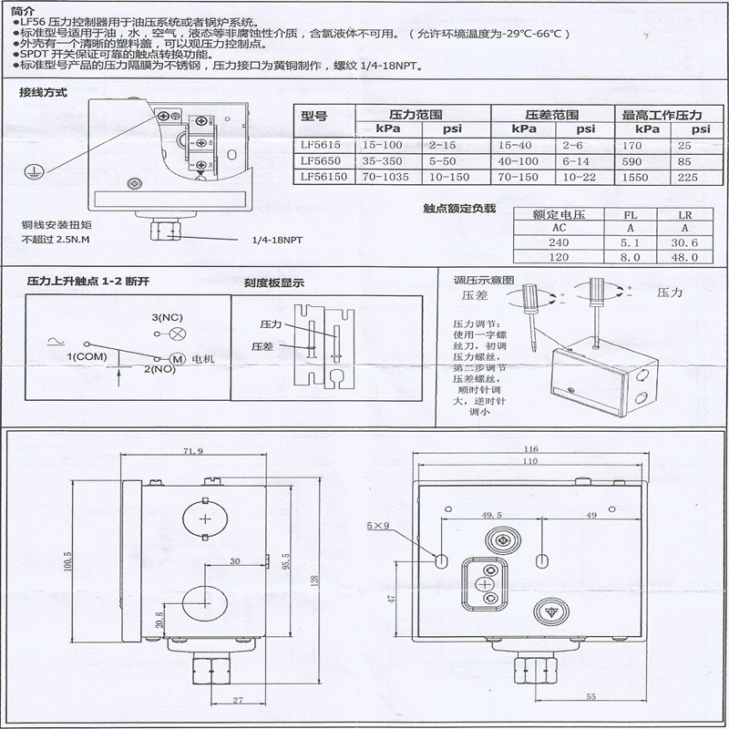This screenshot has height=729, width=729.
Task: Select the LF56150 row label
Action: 322,177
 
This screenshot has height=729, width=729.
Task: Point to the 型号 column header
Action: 313,116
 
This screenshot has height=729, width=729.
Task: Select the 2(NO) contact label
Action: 159,369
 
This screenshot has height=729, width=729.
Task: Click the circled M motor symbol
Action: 179,359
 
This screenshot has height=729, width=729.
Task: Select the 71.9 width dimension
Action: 192,452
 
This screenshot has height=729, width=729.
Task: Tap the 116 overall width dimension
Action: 531,450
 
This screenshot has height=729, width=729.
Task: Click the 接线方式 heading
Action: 43,93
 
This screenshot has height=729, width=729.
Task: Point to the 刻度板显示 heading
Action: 273,282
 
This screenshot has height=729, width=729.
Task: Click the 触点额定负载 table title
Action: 459,209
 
